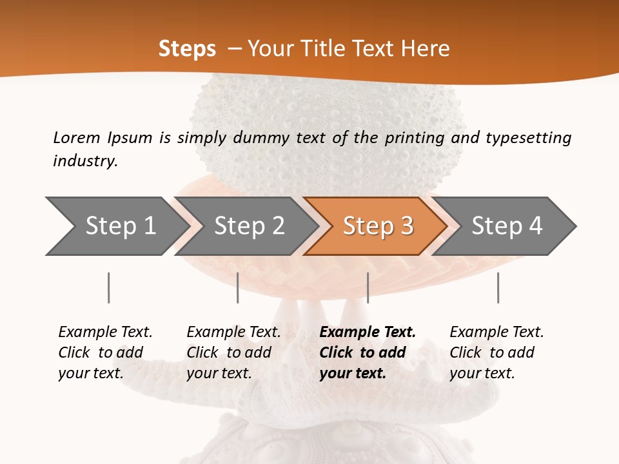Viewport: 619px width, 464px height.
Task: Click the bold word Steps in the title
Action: pyautogui.click(x=187, y=49)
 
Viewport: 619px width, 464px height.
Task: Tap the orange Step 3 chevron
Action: pyautogui.click(x=377, y=226)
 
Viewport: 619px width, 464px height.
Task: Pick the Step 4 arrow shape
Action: pyautogui.click(x=506, y=226)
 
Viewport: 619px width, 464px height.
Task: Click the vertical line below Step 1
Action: pyautogui.click(x=108, y=287)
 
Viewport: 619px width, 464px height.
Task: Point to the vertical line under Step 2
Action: pyautogui.click(x=238, y=287)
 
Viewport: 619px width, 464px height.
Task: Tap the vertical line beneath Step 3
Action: pyautogui.click(x=368, y=287)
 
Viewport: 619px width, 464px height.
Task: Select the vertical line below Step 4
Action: pyautogui.click(x=498, y=287)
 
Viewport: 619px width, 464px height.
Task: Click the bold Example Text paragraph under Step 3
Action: pyautogui.click(x=367, y=353)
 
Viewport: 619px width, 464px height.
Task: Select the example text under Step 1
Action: pyautogui.click(x=105, y=353)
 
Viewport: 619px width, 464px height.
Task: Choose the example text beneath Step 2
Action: pyautogui.click(x=233, y=353)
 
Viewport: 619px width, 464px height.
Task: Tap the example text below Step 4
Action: pyautogui.click(x=496, y=353)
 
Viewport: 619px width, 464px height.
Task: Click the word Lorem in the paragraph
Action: pyautogui.click(x=76, y=138)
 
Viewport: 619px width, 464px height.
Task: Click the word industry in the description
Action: pyautogui.click(x=85, y=161)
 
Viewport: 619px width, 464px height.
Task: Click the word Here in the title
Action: pyautogui.click(x=428, y=49)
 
